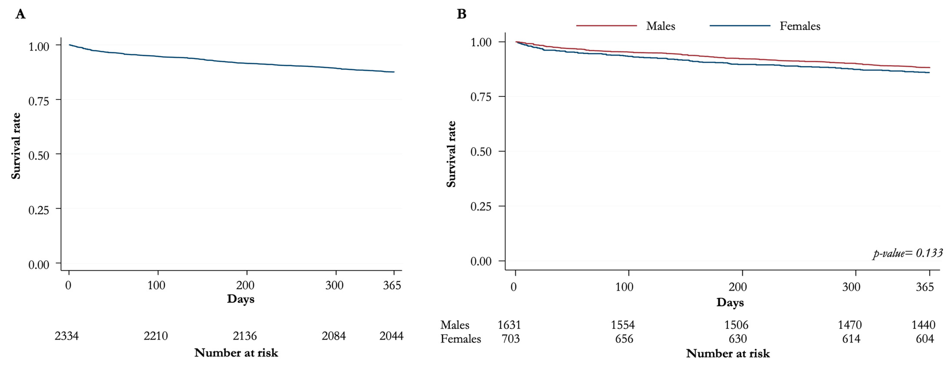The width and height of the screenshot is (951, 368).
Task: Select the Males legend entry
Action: tap(660, 26)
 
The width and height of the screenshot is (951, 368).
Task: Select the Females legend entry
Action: tap(800, 26)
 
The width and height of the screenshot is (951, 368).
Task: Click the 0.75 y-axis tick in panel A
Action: tap(39, 101)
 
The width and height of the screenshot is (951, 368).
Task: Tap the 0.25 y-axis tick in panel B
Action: tap(481, 206)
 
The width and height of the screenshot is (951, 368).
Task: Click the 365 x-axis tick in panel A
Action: tap(392, 285)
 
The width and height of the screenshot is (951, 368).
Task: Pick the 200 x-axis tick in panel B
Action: tap(738, 287)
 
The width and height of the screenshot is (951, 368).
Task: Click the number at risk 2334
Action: tap(67, 336)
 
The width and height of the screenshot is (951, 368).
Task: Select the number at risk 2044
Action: tap(391, 336)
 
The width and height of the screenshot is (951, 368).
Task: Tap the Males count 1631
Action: tap(509, 325)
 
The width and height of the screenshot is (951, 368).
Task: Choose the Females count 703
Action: tap(511, 338)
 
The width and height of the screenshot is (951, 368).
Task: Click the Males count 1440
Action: tap(923, 325)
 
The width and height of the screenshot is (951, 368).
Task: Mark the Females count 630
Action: tap(738, 338)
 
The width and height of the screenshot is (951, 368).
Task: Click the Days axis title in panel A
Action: tap(241, 299)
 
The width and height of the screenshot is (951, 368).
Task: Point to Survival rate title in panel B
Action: tap(451, 154)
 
